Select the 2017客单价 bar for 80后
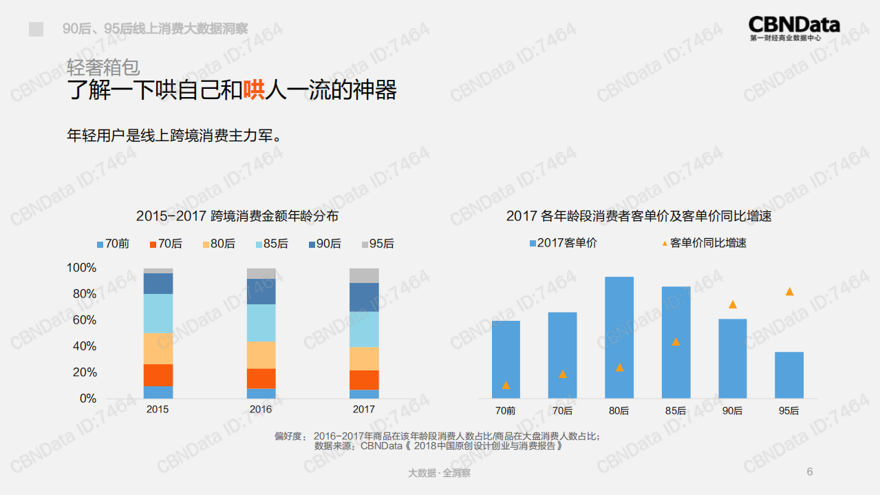tap(619, 337)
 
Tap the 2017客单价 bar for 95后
tap(788, 375)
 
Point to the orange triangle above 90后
tap(733, 304)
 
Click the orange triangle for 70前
tap(506, 385)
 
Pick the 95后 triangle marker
tap(789, 292)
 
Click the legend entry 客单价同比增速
tap(707, 243)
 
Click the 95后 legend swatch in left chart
tap(366, 244)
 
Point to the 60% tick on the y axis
tap(81, 320)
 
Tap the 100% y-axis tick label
tap(81, 268)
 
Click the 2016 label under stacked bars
tap(261, 410)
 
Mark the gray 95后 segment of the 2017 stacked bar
tap(364, 275)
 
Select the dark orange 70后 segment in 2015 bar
tap(158, 375)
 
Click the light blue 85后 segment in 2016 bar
tap(261, 323)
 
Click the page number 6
tap(809, 472)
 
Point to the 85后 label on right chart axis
tap(676, 411)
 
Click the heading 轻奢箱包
tap(103, 67)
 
